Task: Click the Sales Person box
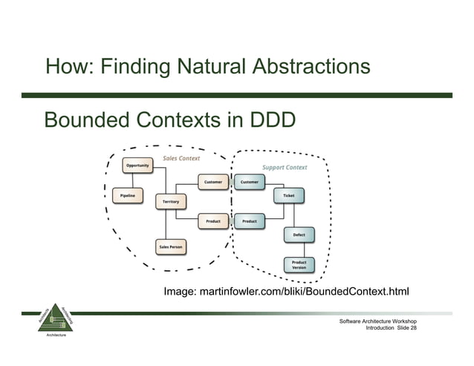click(170, 246)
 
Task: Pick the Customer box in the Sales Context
click(212, 182)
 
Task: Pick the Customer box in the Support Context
click(250, 182)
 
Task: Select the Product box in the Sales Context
click(212, 221)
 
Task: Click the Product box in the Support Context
click(250, 221)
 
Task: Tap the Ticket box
click(288, 195)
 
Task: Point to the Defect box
click(299, 235)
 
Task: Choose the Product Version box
click(299, 264)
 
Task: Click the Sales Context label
click(181, 157)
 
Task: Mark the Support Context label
click(285, 167)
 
